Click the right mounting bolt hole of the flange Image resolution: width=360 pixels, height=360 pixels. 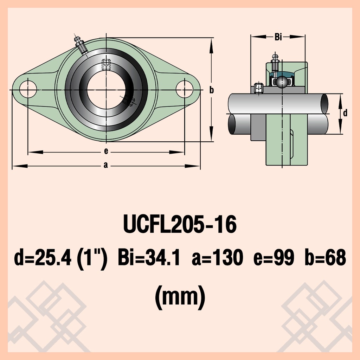pyautogui.click(x=184, y=89)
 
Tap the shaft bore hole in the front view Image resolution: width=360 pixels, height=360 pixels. pyautogui.click(x=106, y=90)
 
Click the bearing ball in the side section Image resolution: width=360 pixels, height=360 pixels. pyautogui.click(x=282, y=82)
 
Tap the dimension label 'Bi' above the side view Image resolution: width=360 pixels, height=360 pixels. pyautogui.click(x=278, y=37)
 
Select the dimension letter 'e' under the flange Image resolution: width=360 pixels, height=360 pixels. pyautogui.click(x=106, y=151)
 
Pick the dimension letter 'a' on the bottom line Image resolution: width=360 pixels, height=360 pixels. pyautogui.click(x=105, y=165)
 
